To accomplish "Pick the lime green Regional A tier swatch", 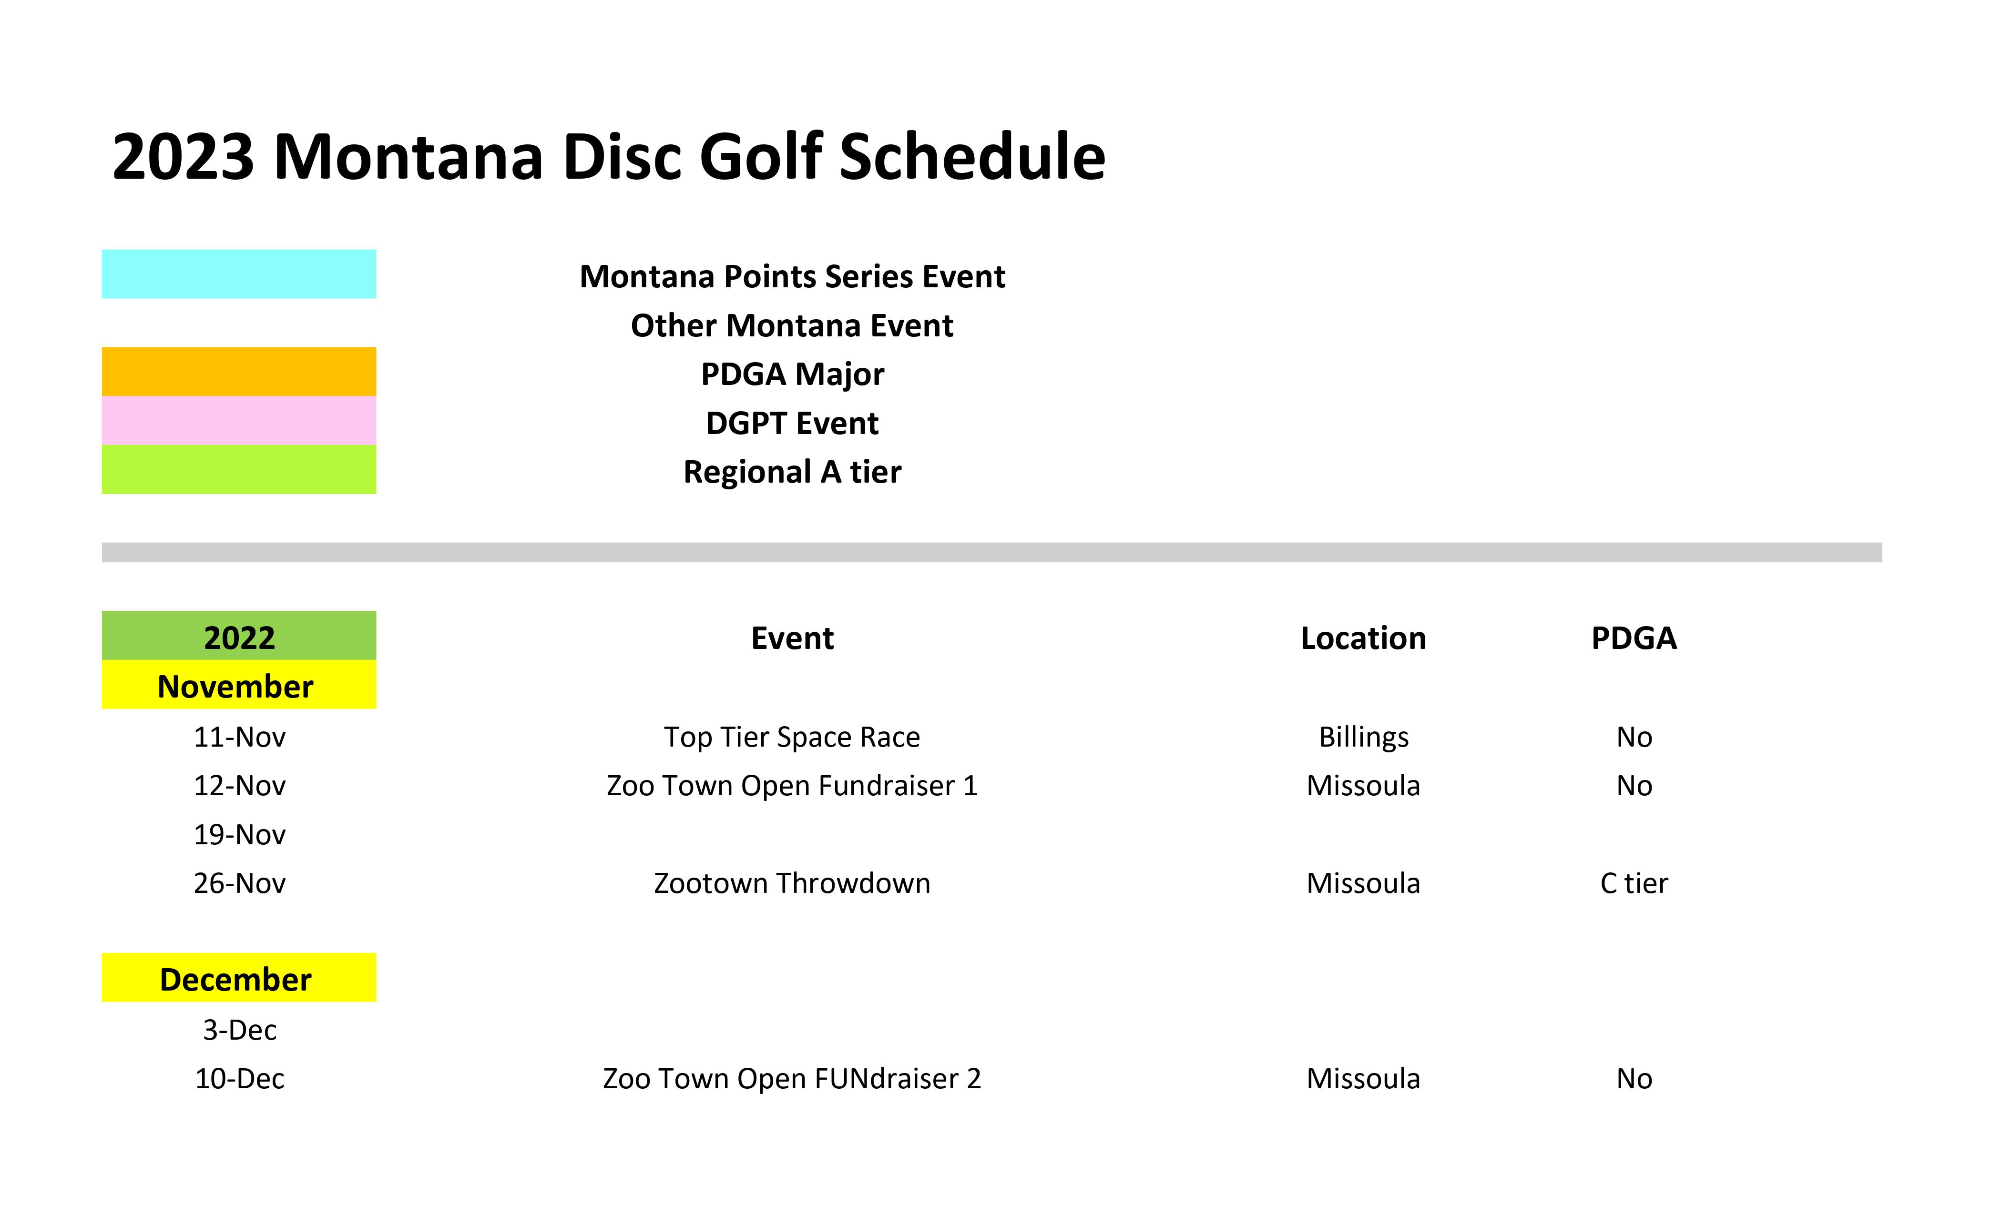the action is (239, 469).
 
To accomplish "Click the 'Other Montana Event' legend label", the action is (792, 326).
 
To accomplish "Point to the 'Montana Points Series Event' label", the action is (792, 277).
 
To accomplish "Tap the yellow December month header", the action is (239, 977).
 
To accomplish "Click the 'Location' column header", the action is (1363, 638).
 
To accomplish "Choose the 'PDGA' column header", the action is (1634, 638).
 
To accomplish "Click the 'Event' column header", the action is (792, 638).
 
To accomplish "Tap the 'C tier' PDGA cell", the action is (1634, 884).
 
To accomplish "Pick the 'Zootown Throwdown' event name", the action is (792, 884).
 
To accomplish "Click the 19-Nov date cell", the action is (240, 835).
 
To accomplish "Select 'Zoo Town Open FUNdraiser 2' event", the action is (792, 1079).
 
